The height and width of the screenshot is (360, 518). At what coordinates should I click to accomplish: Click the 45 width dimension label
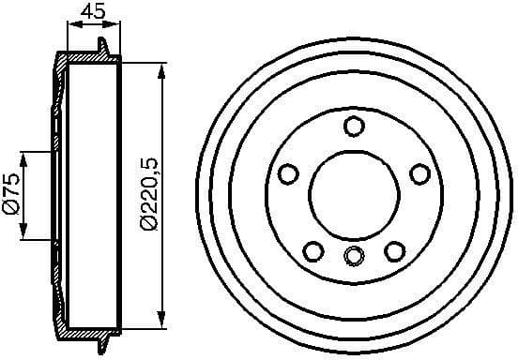[x=90, y=12]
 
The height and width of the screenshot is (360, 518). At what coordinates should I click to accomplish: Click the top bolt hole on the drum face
[x=354, y=126]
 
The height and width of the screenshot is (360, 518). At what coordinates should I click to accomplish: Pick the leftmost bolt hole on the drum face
[x=288, y=173]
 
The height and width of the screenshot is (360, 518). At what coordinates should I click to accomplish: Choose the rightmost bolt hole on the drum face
[x=419, y=173]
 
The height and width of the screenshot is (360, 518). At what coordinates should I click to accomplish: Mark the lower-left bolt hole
[x=313, y=250]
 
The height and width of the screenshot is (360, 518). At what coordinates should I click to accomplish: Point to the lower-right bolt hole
[x=394, y=250]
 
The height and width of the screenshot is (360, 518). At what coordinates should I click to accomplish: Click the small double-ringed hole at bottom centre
[x=354, y=255]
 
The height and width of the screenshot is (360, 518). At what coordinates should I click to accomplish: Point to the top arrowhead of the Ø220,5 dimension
[x=161, y=68]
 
